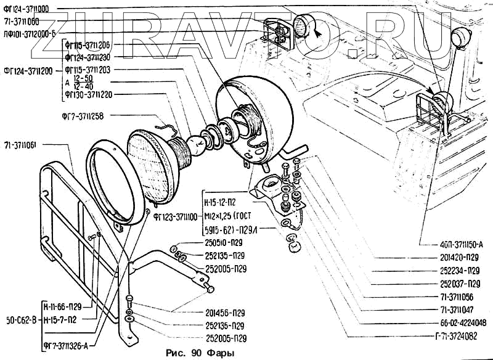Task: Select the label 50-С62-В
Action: tap(20, 319)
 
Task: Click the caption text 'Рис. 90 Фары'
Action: tap(201, 353)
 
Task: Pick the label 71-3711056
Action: tap(460, 297)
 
